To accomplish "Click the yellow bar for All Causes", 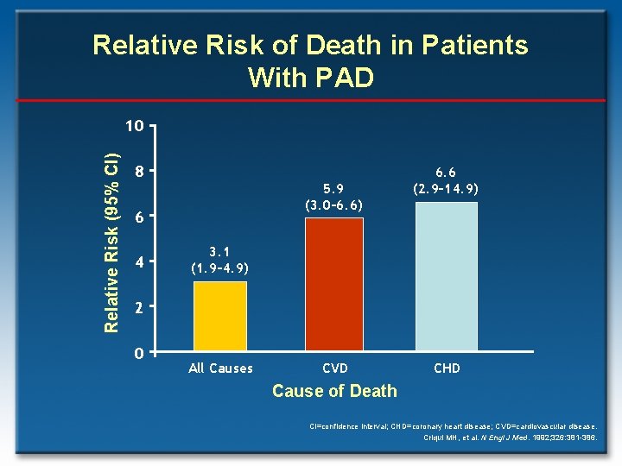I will click(219, 316).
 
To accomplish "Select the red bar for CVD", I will click(334, 285).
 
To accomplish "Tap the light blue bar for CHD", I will click(446, 276).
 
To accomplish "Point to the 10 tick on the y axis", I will click(133, 126).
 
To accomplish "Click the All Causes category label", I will click(220, 368).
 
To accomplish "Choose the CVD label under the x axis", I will click(335, 368).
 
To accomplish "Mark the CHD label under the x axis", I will click(447, 368).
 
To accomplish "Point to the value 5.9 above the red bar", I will click(334, 189).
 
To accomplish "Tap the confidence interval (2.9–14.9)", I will click(447, 188).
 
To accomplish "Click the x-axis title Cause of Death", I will click(334, 391).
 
